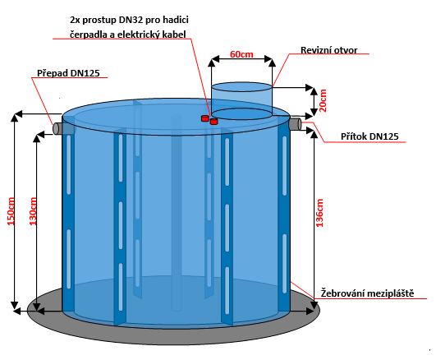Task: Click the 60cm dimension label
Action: (241, 54)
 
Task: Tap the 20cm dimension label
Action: (323, 100)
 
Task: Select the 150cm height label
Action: (11, 211)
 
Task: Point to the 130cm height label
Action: (33, 211)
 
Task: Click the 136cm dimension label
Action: (319, 213)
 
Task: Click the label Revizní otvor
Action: (329, 50)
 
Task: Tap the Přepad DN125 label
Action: (68, 73)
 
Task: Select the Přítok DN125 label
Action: (369, 136)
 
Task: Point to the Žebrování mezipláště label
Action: (367, 293)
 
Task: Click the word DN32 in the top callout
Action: (131, 20)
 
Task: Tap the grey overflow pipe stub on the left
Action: (57, 128)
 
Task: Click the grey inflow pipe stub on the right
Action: (296, 124)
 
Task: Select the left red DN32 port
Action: (205, 118)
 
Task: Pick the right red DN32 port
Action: (213, 122)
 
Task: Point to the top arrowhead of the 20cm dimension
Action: (314, 91)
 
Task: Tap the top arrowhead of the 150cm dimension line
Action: (15, 118)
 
